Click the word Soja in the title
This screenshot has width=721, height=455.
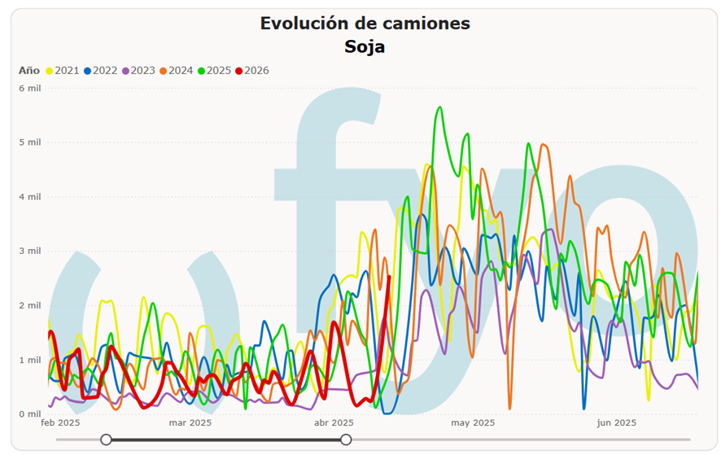tap(365, 46)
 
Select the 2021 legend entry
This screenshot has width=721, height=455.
tap(63, 70)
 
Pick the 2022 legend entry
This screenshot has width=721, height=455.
tap(100, 70)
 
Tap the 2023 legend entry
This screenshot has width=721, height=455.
tap(138, 70)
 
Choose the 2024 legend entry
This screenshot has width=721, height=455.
tap(176, 70)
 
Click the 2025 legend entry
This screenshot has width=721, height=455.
tap(214, 70)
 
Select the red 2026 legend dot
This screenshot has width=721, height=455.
tap(238, 71)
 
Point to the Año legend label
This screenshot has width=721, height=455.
tap(29, 70)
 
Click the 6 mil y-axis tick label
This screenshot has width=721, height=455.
tap(30, 88)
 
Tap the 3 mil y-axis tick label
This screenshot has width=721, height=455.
tap(30, 251)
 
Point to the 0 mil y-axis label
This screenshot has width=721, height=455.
tap(30, 413)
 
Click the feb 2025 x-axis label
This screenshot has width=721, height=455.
tap(60, 422)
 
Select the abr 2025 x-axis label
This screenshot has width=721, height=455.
tap(334, 422)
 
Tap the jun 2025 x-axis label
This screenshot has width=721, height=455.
tap(616, 422)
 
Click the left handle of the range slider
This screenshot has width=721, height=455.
tap(107, 440)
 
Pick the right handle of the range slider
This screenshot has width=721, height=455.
tap(346, 440)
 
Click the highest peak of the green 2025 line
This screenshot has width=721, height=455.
tap(440, 107)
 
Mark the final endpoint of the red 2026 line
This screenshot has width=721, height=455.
tap(390, 276)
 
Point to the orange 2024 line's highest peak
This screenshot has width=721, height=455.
tap(544, 144)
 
